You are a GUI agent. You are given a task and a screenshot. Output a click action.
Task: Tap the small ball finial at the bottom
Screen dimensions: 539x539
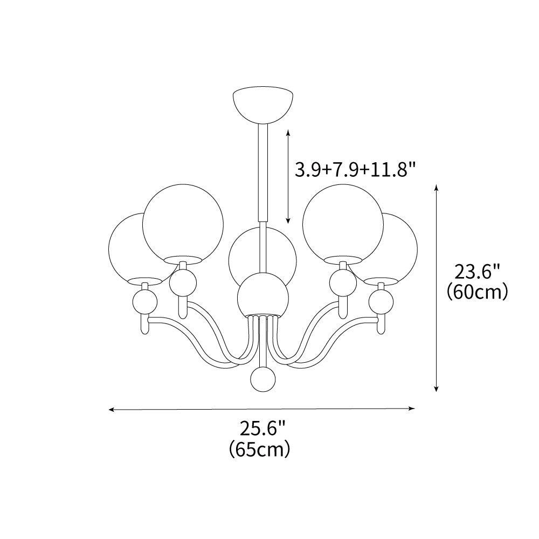point(262,379)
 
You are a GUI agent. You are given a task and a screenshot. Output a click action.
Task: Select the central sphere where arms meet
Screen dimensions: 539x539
point(262,294)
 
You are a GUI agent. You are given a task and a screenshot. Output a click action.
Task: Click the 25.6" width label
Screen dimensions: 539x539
point(262,429)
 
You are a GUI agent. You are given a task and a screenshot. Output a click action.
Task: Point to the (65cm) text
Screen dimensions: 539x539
point(259,448)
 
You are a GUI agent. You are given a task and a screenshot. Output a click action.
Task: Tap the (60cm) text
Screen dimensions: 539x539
point(478,292)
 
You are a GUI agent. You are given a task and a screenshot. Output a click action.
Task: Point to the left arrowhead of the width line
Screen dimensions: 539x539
point(111,410)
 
